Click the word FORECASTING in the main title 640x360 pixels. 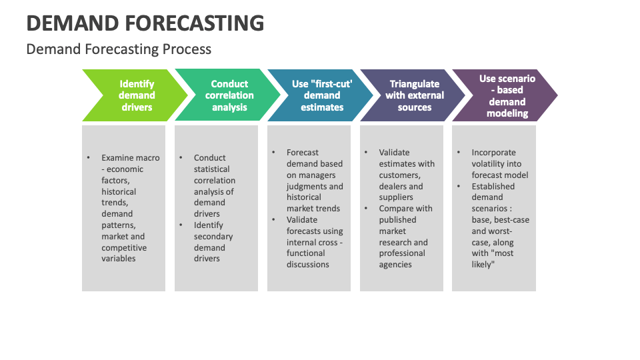pyautogui.click(x=194, y=23)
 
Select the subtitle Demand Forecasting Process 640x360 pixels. pyautogui.click(x=119, y=49)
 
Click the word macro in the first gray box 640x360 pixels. pyautogui.click(x=147, y=158)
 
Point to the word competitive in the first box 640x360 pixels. pyautogui.click(x=124, y=248)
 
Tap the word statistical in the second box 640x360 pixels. pyautogui.click(x=211, y=169)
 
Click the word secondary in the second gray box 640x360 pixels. pyautogui.click(x=213, y=237)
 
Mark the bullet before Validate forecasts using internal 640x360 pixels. pyautogui.click(x=273, y=219)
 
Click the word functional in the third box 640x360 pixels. pyautogui.click(x=306, y=253)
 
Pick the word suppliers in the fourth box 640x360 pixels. pyautogui.click(x=396, y=197)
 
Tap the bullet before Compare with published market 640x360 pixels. pyautogui.click(x=366, y=208)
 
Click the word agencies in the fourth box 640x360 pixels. pyautogui.click(x=395, y=265)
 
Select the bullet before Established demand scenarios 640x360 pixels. pyautogui.click(x=459, y=186)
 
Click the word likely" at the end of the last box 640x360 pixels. pyautogui.click(x=483, y=265)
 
